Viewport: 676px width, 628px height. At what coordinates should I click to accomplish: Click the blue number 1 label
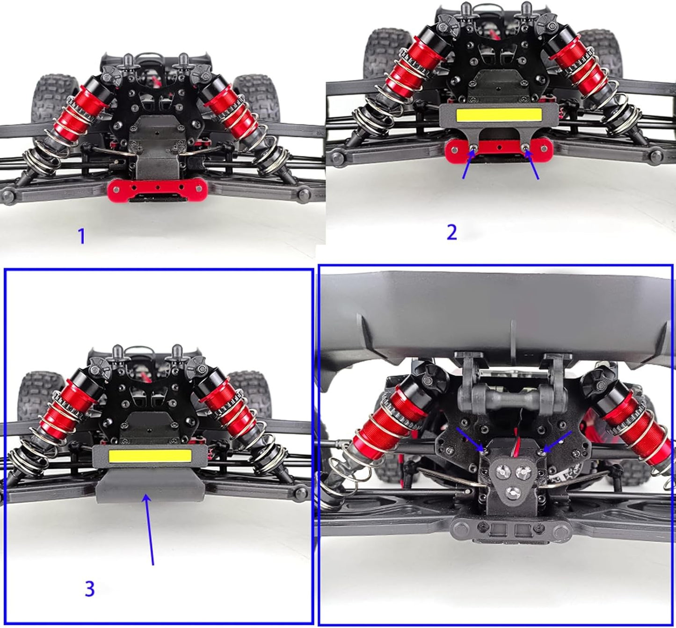[x=81, y=236]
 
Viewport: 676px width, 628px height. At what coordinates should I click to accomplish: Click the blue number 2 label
[x=452, y=232]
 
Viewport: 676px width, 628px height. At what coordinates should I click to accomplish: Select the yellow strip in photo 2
[x=499, y=115]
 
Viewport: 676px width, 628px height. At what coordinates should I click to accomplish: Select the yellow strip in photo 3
[x=150, y=456]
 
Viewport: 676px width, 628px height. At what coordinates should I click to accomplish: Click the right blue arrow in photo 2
[x=532, y=165]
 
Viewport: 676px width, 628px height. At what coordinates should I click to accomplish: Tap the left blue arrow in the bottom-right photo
[x=471, y=440]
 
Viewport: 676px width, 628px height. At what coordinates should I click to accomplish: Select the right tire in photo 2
[x=592, y=51]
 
